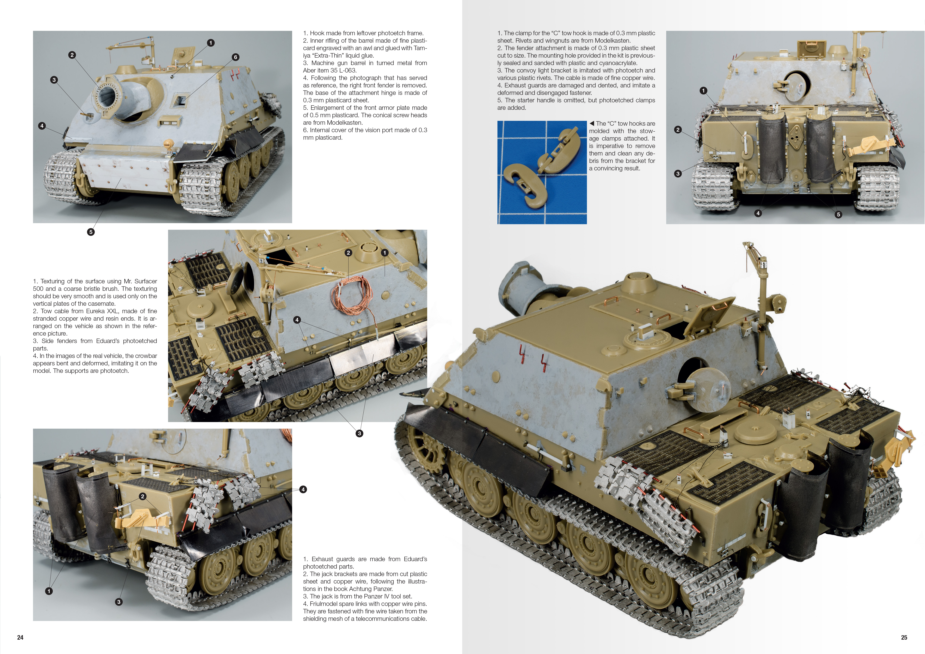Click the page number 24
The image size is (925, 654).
pyautogui.click(x=20, y=637)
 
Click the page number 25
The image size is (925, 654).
pyautogui.click(x=904, y=637)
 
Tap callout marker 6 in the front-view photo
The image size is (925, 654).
pyautogui.click(x=236, y=57)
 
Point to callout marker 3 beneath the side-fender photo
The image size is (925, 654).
pyautogui.click(x=359, y=433)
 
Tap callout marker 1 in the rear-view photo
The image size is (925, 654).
pyautogui.click(x=703, y=91)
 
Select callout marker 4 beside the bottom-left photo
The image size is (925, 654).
pyautogui.click(x=303, y=489)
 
